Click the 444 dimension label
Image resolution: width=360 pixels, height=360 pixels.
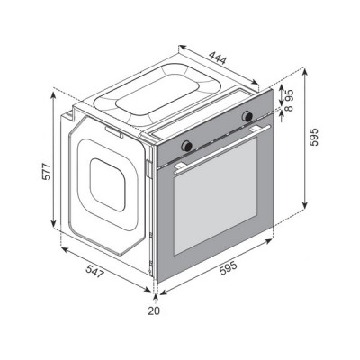[x=218, y=58]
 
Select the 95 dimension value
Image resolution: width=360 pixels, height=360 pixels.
[x=290, y=95]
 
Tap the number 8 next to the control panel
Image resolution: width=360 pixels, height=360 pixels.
[x=290, y=108]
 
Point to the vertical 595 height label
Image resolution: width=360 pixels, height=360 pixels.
[x=313, y=137]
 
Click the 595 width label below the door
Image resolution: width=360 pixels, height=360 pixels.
[x=229, y=268]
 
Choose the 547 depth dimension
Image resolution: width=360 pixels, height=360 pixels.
[x=95, y=271]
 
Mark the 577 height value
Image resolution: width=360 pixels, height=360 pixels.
[x=47, y=171]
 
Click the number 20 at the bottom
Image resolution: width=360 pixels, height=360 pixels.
[x=154, y=311]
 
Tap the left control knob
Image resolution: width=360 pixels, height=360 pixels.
[x=187, y=146]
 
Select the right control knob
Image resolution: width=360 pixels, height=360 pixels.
[x=247, y=116]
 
